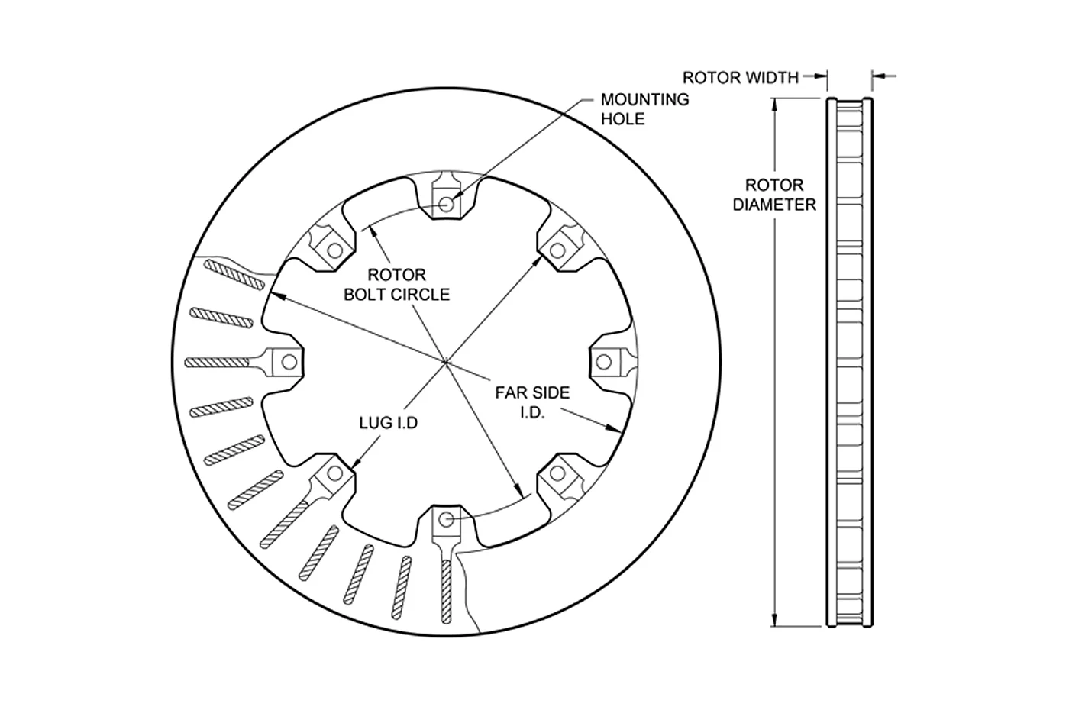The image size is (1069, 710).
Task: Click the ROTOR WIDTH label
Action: (740, 77)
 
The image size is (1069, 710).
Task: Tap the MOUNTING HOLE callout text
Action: (644, 108)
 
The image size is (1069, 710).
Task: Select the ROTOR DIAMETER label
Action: (774, 195)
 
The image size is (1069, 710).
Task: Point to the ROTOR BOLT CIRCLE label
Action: (396, 285)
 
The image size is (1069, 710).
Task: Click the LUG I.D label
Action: (389, 423)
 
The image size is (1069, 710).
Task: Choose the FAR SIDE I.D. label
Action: (532, 402)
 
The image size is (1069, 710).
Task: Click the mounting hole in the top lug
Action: (446, 205)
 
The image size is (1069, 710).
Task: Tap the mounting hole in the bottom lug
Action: (446, 519)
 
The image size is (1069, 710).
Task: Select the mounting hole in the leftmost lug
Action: (289, 362)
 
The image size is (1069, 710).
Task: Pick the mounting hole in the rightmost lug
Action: (604, 362)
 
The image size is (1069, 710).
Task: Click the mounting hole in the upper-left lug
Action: (334, 250)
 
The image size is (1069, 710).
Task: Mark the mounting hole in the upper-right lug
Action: (557, 250)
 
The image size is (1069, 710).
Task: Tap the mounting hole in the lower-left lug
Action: (334, 473)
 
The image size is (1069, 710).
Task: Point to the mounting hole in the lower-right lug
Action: (557, 473)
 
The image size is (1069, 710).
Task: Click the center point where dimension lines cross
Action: (446, 363)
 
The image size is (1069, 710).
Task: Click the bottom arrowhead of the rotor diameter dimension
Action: (774, 620)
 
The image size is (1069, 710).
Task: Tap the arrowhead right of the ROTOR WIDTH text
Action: (821, 76)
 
